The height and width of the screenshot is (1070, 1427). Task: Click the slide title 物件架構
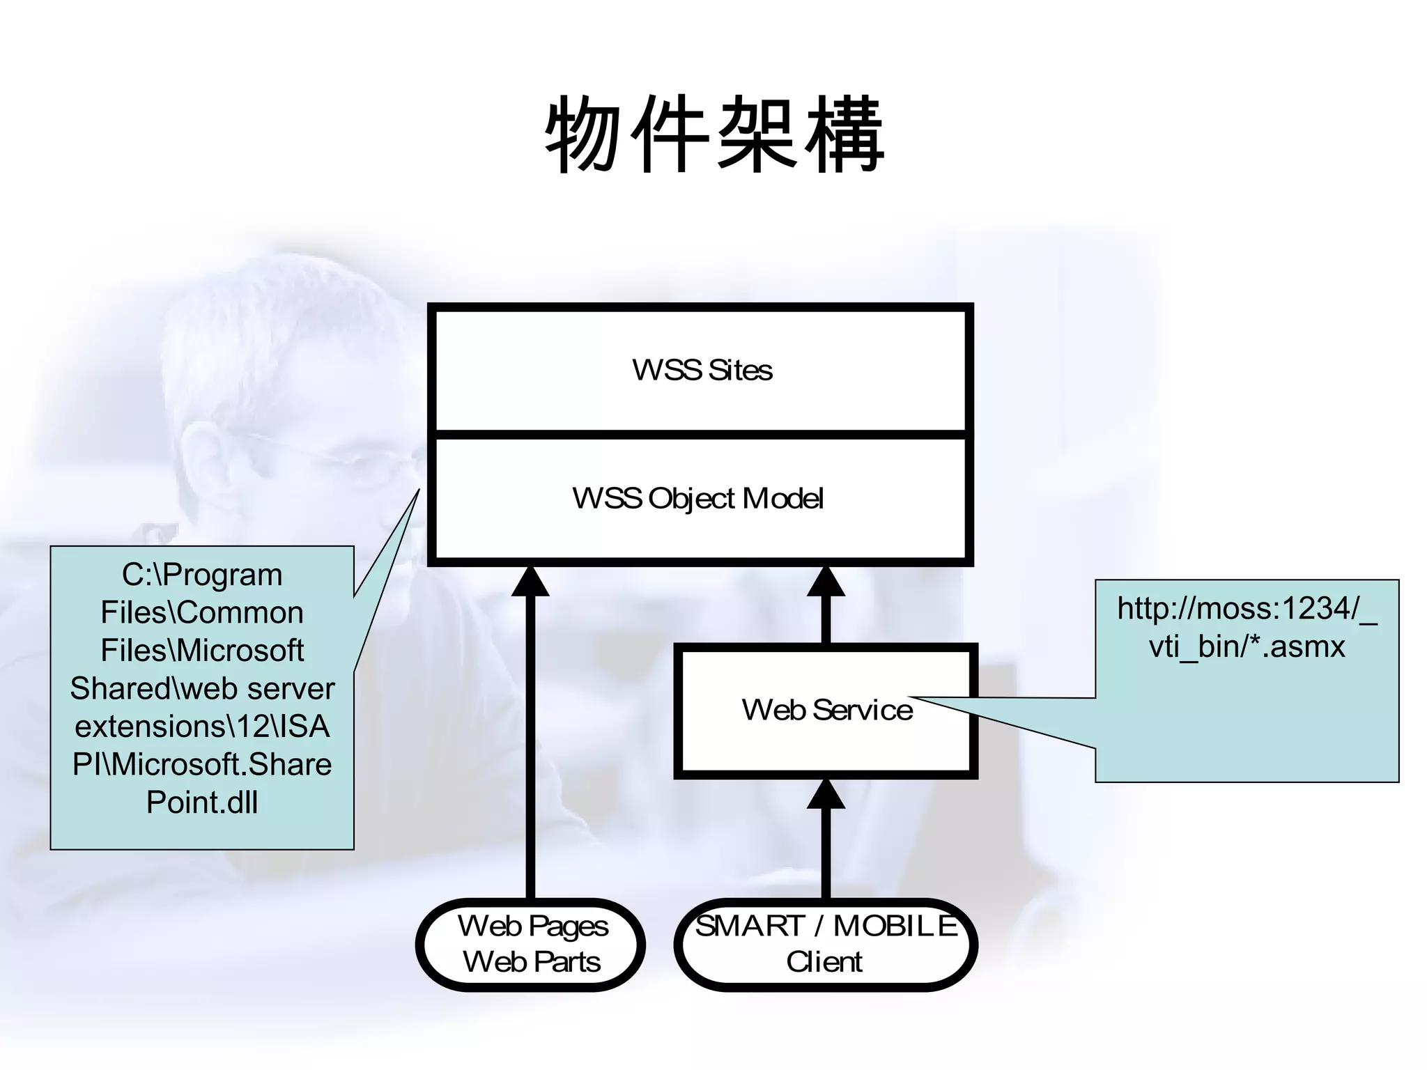(x=714, y=136)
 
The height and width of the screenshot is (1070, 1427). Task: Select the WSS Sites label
(x=702, y=370)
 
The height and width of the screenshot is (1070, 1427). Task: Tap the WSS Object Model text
(x=698, y=498)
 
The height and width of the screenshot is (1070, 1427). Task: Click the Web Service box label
(x=827, y=710)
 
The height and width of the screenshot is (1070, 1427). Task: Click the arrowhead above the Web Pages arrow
(x=530, y=582)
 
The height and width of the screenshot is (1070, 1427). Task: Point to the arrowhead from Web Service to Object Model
(x=826, y=582)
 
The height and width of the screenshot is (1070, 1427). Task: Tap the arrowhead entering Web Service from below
(x=826, y=795)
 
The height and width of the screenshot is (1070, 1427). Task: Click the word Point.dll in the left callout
(x=202, y=802)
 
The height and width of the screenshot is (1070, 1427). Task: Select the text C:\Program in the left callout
(x=202, y=575)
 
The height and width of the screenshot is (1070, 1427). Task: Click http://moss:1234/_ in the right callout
(x=1247, y=609)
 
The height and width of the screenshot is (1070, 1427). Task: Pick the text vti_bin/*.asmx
(x=1247, y=646)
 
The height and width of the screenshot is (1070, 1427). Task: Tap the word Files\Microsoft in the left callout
(x=202, y=651)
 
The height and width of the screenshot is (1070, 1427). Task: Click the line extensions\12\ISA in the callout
(x=202, y=727)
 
